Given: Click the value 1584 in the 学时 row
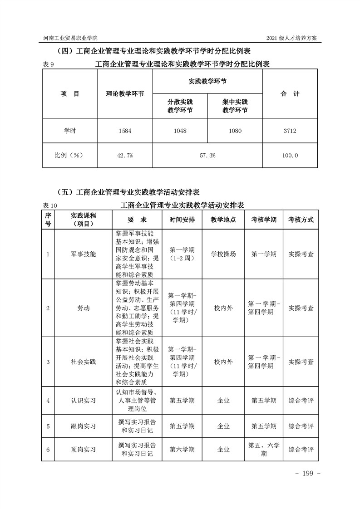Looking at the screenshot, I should click(125, 131).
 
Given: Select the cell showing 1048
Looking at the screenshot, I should click(180, 131).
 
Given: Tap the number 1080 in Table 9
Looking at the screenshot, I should click(235, 131).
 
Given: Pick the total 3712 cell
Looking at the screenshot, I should click(290, 131).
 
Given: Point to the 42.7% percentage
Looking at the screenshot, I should click(125, 155).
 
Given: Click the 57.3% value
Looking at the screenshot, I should click(207, 155).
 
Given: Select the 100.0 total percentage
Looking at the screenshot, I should click(290, 155).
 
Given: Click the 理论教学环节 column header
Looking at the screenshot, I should click(125, 94).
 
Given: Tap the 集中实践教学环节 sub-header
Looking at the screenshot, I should click(235, 106).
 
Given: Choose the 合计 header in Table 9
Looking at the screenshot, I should click(290, 94).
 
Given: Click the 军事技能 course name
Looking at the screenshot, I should click(84, 254).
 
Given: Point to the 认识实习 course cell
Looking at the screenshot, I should click(84, 401).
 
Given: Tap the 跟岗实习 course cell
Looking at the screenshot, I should click(84, 426).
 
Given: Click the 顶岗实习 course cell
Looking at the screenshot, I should click(84, 450).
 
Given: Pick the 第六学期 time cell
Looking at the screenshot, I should click(182, 450).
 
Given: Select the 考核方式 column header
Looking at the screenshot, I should click(301, 220).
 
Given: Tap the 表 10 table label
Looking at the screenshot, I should click(49, 205).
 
